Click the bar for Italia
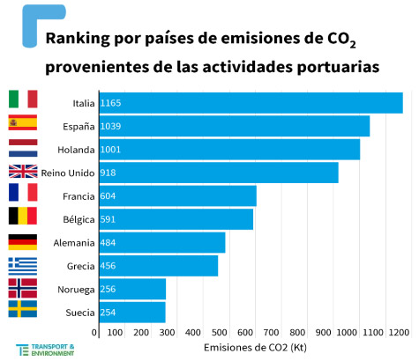click(x=251, y=103)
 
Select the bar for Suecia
click(x=132, y=312)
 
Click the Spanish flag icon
click(x=22, y=123)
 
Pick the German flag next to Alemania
click(x=22, y=241)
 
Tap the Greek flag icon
click(x=22, y=265)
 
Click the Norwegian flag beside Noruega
click(x=22, y=288)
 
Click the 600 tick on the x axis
click(x=249, y=333)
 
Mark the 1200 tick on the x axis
click(x=398, y=333)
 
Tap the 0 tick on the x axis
click(x=100, y=333)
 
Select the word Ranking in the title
click(x=79, y=39)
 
